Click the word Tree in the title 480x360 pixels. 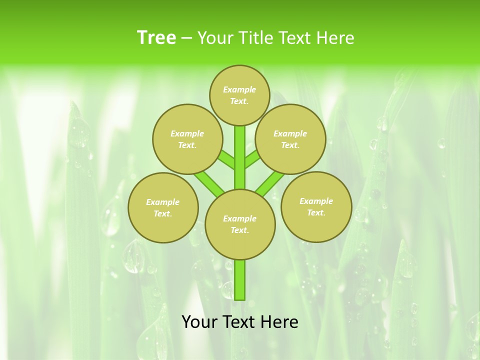[x=156, y=37]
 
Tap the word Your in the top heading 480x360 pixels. [x=214, y=37]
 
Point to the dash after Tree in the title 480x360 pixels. [x=186, y=38]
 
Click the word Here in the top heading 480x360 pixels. [x=335, y=37]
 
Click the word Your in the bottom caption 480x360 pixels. [x=199, y=322]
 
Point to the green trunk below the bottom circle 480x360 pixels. [x=240, y=280]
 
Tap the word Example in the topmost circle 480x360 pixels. [x=239, y=89]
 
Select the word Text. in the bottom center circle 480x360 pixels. [x=239, y=230]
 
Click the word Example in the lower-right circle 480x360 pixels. [x=316, y=201]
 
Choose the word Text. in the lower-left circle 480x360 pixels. [x=163, y=214]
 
